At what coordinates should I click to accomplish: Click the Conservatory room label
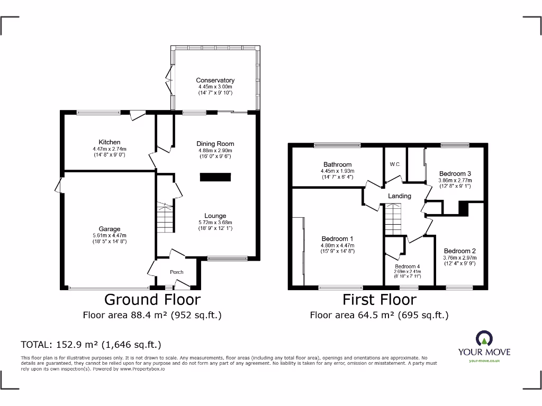(215, 80)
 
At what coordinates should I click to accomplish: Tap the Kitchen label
(109, 142)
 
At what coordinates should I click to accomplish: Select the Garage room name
(109, 229)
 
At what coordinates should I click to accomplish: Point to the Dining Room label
(215, 144)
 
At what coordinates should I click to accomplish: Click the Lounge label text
(215, 216)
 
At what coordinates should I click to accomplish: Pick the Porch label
(177, 272)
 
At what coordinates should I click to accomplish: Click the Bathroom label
(337, 165)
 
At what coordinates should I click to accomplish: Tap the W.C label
(395, 164)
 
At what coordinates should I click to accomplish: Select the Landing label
(400, 196)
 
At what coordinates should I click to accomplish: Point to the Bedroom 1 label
(337, 239)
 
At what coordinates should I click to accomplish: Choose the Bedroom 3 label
(455, 174)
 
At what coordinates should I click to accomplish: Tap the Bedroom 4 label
(408, 266)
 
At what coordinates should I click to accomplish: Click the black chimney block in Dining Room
(215, 178)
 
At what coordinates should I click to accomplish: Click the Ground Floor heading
(152, 300)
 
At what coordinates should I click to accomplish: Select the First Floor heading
(379, 300)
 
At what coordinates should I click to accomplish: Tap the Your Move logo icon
(484, 337)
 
